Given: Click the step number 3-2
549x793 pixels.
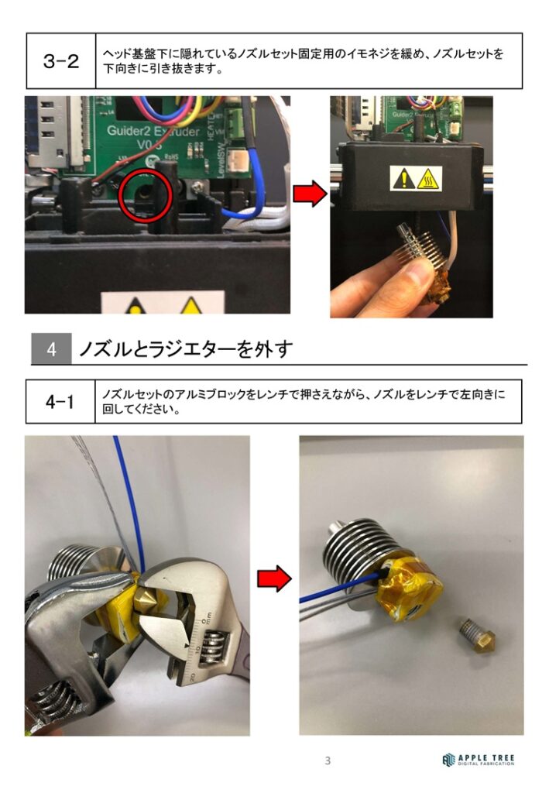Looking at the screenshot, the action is [x=61, y=61].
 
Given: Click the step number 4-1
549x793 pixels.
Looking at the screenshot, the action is [x=60, y=402].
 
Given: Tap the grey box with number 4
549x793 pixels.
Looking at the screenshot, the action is [x=51, y=349].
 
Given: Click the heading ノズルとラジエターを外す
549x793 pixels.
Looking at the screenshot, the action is [x=186, y=349].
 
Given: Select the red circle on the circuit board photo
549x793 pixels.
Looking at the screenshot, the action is [x=146, y=194].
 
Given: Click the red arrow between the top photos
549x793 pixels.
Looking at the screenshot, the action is [x=311, y=193].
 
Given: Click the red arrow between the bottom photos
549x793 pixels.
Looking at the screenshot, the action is [x=274, y=578].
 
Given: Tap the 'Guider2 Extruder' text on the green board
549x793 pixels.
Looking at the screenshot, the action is [x=153, y=132].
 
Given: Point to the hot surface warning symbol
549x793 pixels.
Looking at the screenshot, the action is [x=429, y=179].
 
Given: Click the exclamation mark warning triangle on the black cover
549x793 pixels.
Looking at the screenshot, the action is [x=403, y=179].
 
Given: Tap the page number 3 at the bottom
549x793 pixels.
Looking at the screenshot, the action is [x=328, y=760].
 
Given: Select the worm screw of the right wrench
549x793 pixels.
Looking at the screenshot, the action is [x=211, y=650].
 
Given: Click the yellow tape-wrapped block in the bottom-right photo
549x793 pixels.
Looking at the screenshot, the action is [x=409, y=592].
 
